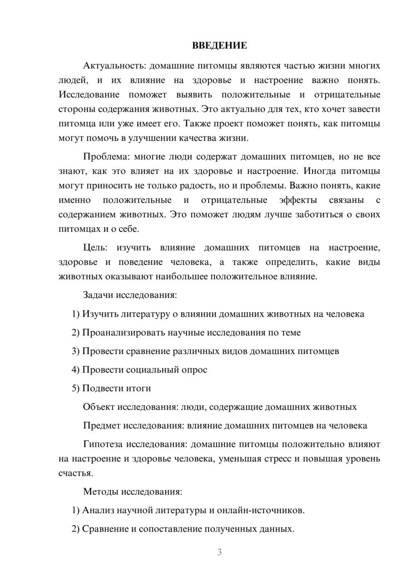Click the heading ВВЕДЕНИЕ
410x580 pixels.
click(x=219, y=46)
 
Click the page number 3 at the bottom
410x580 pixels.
click(x=219, y=552)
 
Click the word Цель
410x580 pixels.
click(x=94, y=248)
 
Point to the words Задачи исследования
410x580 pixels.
click(x=130, y=295)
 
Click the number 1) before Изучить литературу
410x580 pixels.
click(x=75, y=314)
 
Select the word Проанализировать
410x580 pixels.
click(x=123, y=333)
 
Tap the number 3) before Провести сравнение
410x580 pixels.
click(x=75, y=352)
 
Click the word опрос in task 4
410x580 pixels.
click(x=194, y=370)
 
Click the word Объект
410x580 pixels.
click(x=99, y=407)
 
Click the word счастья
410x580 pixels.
click(x=75, y=473)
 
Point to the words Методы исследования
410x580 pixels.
click(x=132, y=491)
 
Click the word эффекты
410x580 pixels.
click(x=298, y=200)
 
